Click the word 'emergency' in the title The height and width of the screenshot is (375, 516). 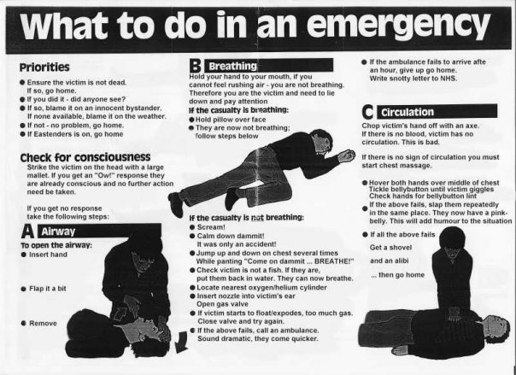tap(398, 26)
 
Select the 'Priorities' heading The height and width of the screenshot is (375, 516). tap(44, 67)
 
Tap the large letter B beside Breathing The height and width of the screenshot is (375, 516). tap(195, 66)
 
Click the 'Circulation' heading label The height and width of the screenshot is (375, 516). tap(408, 112)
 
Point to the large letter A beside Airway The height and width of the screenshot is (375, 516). tap(27, 231)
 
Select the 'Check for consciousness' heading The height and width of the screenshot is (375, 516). tap(85, 157)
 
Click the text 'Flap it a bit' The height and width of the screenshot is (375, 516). tap(47, 289)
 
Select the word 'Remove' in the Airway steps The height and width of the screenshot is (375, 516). tap(43, 324)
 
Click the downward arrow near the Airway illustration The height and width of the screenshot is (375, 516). tap(181, 343)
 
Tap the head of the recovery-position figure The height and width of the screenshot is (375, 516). tap(321, 140)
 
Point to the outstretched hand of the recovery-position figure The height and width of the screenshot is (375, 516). tap(347, 155)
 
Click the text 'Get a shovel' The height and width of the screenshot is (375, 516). tap(390, 248)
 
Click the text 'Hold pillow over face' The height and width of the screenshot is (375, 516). tap(231, 120)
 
